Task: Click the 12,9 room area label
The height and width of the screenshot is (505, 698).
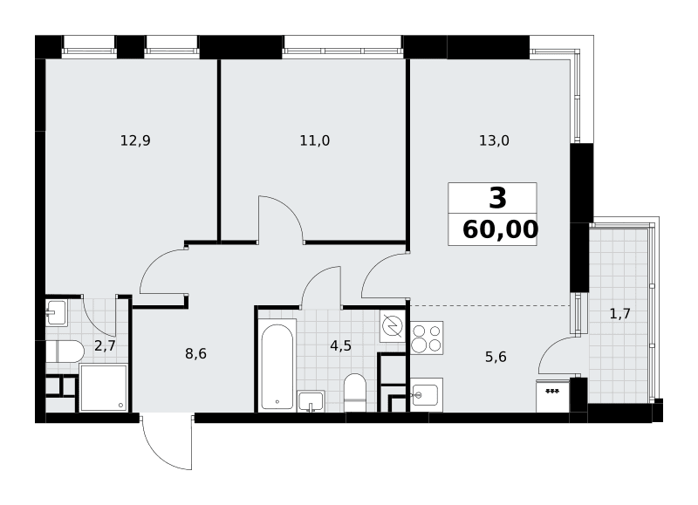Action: [x=135, y=141]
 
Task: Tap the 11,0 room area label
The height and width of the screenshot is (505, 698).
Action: [x=315, y=141]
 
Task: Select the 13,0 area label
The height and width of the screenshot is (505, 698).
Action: [x=494, y=141]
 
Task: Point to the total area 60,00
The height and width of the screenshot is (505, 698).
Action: [x=500, y=230]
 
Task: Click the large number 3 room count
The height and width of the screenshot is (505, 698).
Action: [x=497, y=198]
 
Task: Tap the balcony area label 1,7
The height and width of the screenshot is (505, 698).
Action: [x=619, y=314]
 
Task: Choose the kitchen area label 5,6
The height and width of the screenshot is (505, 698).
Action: [x=496, y=357]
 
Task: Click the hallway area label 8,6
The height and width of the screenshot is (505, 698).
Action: [x=195, y=354]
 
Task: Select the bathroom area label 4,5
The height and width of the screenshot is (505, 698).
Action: [x=341, y=345]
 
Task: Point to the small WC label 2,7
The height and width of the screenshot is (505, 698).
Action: [x=105, y=345]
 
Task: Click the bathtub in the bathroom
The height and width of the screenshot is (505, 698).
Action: [x=277, y=365]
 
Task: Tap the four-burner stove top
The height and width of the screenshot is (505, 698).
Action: [x=427, y=338]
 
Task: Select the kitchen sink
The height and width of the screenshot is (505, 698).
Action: [x=426, y=394]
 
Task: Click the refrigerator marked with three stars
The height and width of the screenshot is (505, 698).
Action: [x=553, y=396]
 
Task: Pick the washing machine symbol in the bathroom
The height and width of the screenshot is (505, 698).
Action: [x=392, y=326]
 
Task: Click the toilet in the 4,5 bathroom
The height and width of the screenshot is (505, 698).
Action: [x=355, y=392]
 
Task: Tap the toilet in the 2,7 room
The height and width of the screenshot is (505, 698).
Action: [x=65, y=352]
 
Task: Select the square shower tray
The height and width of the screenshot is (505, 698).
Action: [x=104, y=387]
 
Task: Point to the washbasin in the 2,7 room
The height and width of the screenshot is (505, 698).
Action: [x=57, y=313]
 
